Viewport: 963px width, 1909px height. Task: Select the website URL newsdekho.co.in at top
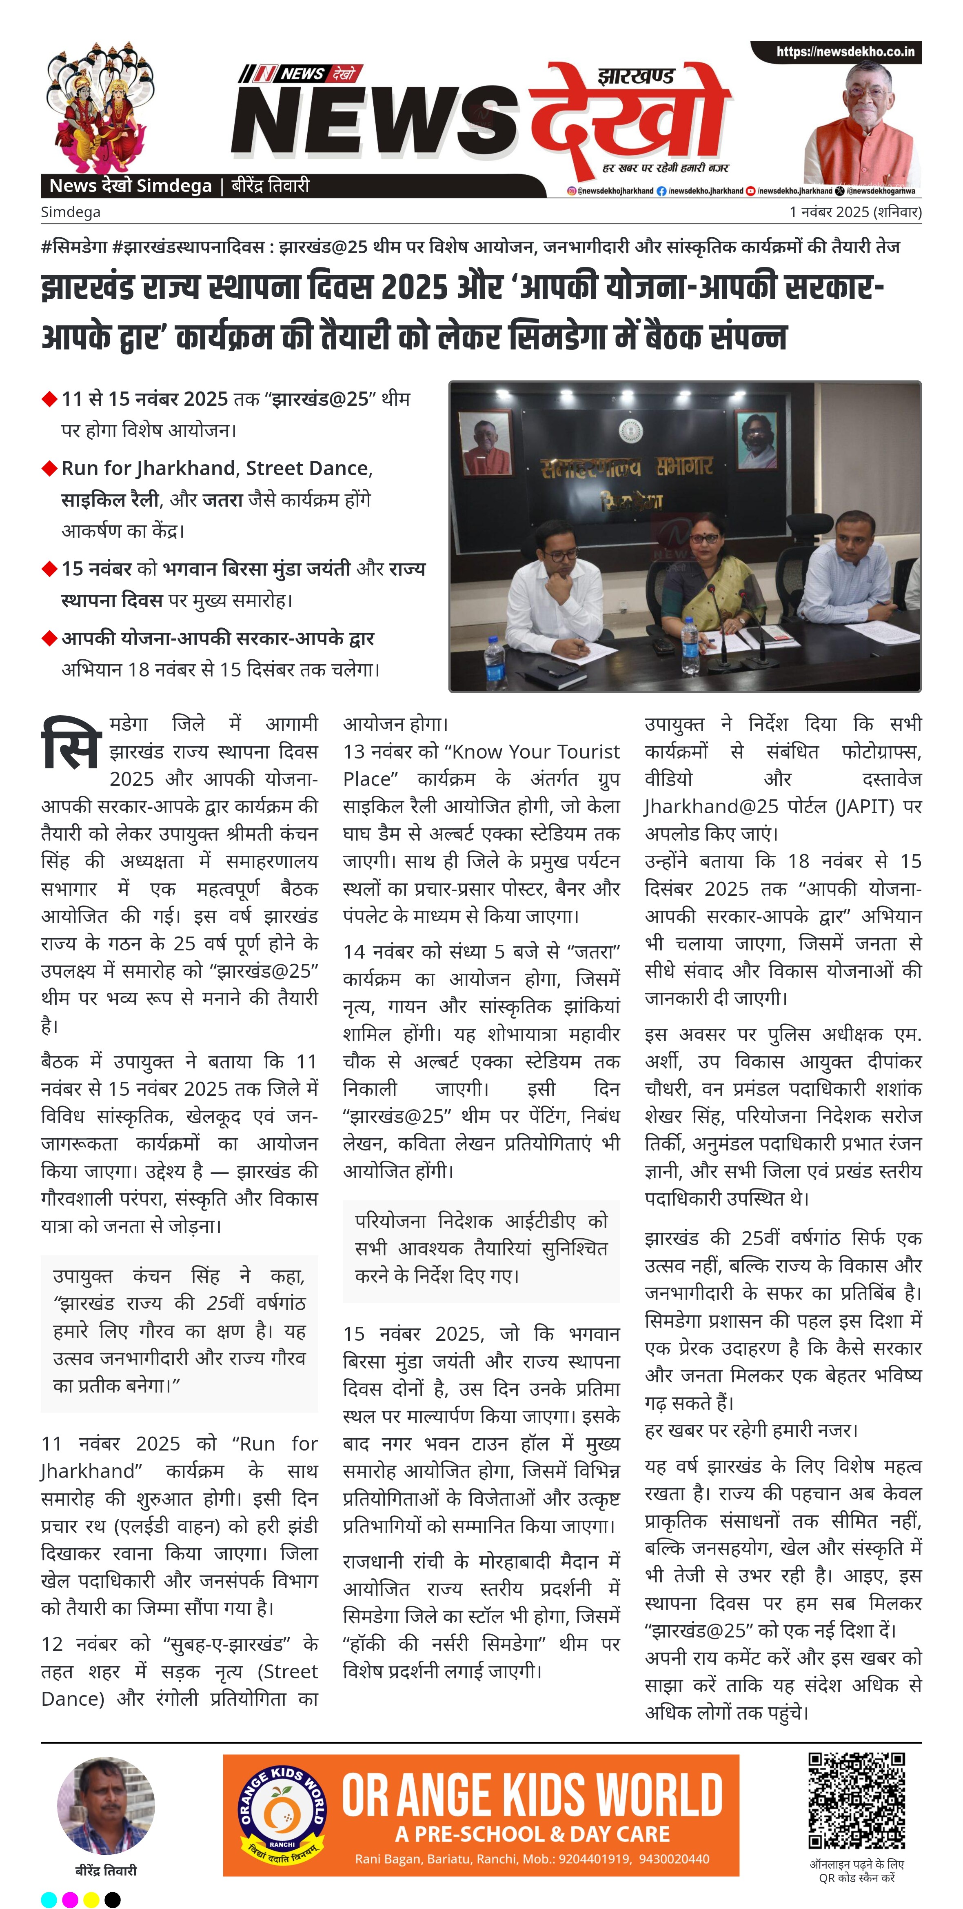[845, 52]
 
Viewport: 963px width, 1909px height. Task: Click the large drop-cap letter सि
[70, 743]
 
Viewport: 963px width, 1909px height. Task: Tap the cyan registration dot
[49, 1899]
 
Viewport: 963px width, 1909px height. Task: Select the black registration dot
[113, 1899]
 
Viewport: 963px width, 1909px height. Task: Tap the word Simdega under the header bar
[70, 212]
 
